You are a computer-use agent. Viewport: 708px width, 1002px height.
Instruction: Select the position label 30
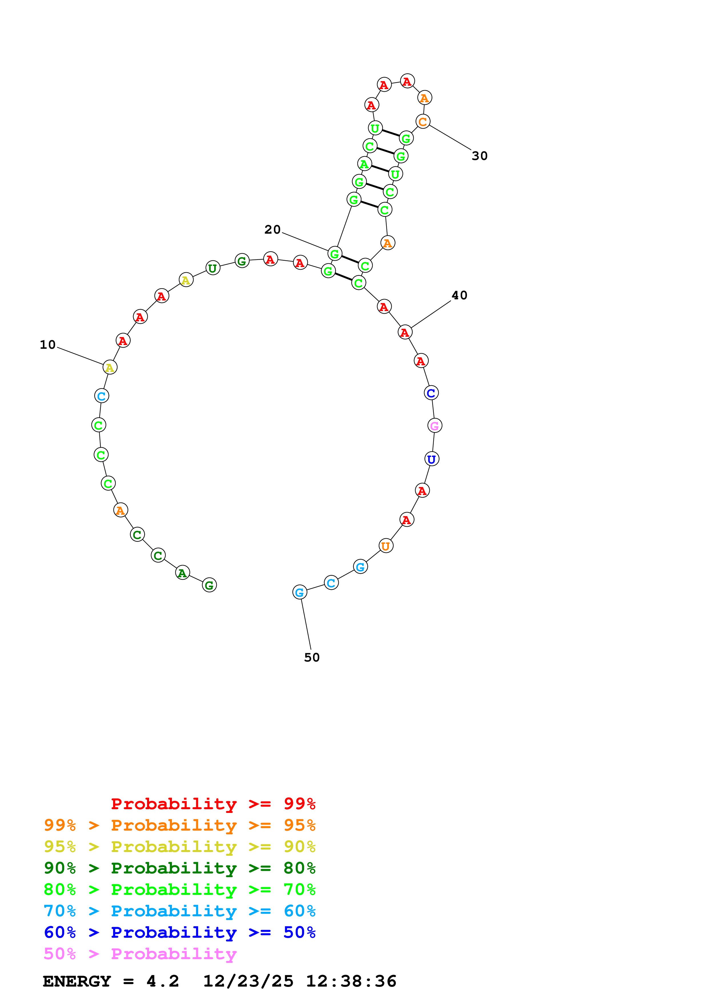(x=480, y=156)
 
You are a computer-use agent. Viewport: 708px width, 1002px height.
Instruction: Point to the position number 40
(x=459, y=295)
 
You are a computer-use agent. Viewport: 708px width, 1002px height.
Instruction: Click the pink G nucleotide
(x=434, y=426)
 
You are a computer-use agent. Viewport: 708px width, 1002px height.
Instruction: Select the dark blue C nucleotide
(x=431, y=393)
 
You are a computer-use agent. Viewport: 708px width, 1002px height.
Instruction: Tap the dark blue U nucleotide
(x=432, y=459)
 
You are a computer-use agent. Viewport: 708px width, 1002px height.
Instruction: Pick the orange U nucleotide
(x=386, y=546)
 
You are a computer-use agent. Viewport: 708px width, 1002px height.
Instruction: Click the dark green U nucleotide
(x=212, y=268)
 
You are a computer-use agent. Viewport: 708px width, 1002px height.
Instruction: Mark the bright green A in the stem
(x=364, y=164)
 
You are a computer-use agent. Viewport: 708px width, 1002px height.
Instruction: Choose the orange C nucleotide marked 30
(x=423, y=122)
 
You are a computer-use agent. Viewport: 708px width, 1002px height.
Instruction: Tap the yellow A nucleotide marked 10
(x=110, y=367)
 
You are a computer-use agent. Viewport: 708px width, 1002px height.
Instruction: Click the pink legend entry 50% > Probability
(x=140, y=953)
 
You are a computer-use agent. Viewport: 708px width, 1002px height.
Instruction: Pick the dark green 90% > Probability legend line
(x=179, y=868)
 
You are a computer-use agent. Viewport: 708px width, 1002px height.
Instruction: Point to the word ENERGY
(x=77, y=981)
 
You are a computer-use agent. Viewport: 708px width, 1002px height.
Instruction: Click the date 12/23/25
(x=248, y=981)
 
